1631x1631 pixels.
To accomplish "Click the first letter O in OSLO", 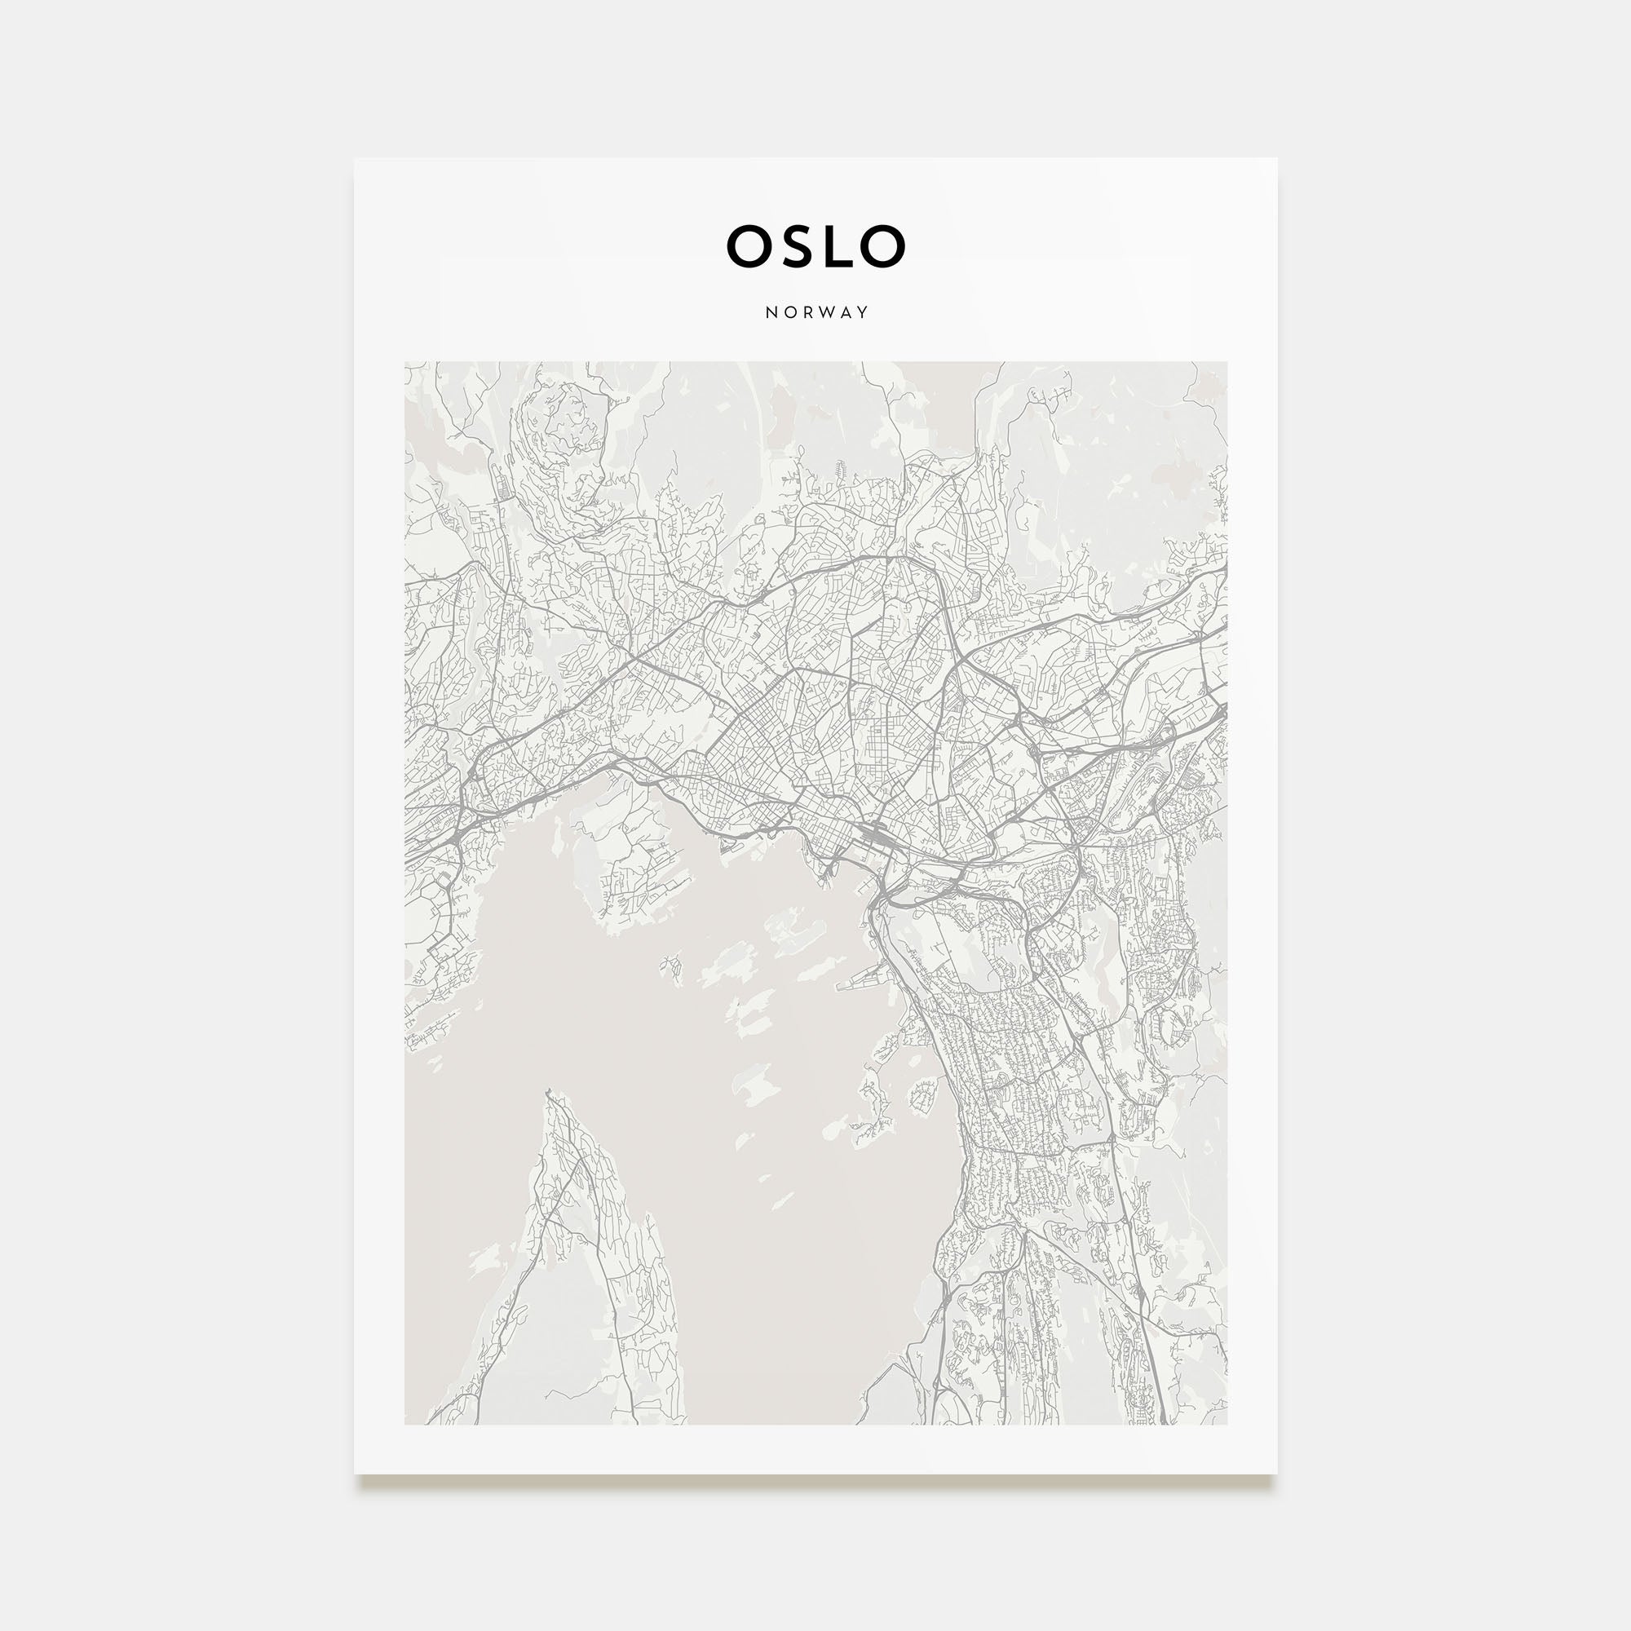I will pos(750,246).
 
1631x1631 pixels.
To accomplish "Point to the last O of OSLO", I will pos(883,246).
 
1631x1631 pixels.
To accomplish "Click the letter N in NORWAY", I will pos(771,312).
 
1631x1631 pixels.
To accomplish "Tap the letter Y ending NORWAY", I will pos(862,312).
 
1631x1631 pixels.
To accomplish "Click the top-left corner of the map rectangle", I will pos(405,362).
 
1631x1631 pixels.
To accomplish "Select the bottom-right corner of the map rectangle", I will pos(1227,1425).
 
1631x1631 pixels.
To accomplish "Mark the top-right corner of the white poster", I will pos(1276,159).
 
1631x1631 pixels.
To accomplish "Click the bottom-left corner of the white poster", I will pos(355,1474).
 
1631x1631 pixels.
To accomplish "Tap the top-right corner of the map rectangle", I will pos(1227,362).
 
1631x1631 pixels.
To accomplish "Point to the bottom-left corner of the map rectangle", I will pos(405,1425).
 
